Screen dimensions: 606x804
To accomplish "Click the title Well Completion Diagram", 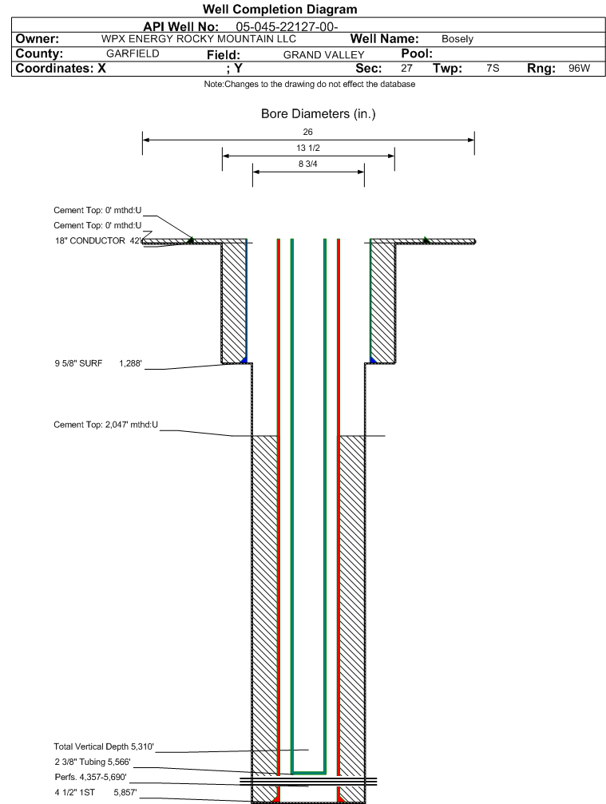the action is (x=280, y=10).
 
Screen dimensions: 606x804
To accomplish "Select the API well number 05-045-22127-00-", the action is (x=287, y=26).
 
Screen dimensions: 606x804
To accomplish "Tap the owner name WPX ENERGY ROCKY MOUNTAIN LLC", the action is (x=199, y=39).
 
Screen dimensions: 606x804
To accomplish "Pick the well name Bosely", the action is (x=457, y=39).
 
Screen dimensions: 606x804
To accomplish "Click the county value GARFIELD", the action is (x=133, y=53).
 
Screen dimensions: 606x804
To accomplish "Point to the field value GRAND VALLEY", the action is (x=324, y=55).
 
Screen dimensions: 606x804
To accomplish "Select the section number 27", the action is (x=406, y=68).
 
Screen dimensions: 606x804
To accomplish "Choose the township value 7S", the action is (x=493, y=68).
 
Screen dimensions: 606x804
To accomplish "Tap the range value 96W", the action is (x=580, y=68).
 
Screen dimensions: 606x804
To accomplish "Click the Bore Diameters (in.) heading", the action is (x=318, y=114).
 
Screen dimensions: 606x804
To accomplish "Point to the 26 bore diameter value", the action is (x=307, y=132).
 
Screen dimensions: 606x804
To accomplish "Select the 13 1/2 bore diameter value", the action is (x=307, y=148).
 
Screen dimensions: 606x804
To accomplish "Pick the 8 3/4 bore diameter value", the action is (x=307, y=164).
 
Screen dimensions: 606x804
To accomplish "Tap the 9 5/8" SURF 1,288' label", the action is (x=98, y=363).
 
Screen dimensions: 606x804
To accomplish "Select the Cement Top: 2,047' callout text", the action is (x=105, y=425).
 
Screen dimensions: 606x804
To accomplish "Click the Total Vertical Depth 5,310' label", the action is (x=104, y=747).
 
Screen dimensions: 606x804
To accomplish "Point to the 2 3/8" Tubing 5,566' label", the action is (x=93, y=762).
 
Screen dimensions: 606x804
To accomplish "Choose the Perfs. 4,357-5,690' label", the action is (x=90, y=778).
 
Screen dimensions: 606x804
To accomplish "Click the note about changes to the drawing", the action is (x=310, y=84).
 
